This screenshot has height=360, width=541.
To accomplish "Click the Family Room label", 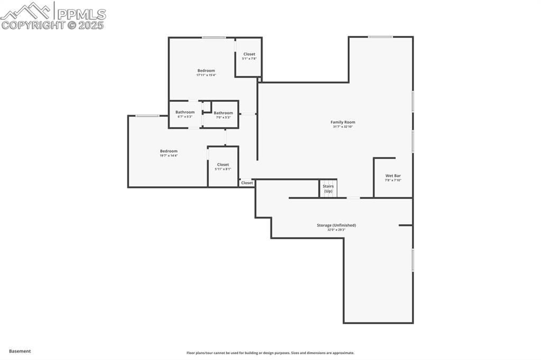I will point(343,122).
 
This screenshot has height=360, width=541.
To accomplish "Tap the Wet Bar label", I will point(393,175).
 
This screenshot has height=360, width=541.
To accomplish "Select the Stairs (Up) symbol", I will point(328,188).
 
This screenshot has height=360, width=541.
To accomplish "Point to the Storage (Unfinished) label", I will point(336,225).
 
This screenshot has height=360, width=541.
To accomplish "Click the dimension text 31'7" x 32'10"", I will point(343,127).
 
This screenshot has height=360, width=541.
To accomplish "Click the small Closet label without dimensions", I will point(247,183).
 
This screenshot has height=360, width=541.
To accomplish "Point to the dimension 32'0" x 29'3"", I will point(336,230).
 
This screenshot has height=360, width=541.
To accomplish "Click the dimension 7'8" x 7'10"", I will point(393,180).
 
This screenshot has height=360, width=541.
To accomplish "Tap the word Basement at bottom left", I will point(20,351).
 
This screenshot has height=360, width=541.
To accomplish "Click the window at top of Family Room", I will point(380,37).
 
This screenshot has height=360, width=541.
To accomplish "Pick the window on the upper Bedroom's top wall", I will point(213,37).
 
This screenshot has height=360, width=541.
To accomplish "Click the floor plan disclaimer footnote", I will point(270,353).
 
